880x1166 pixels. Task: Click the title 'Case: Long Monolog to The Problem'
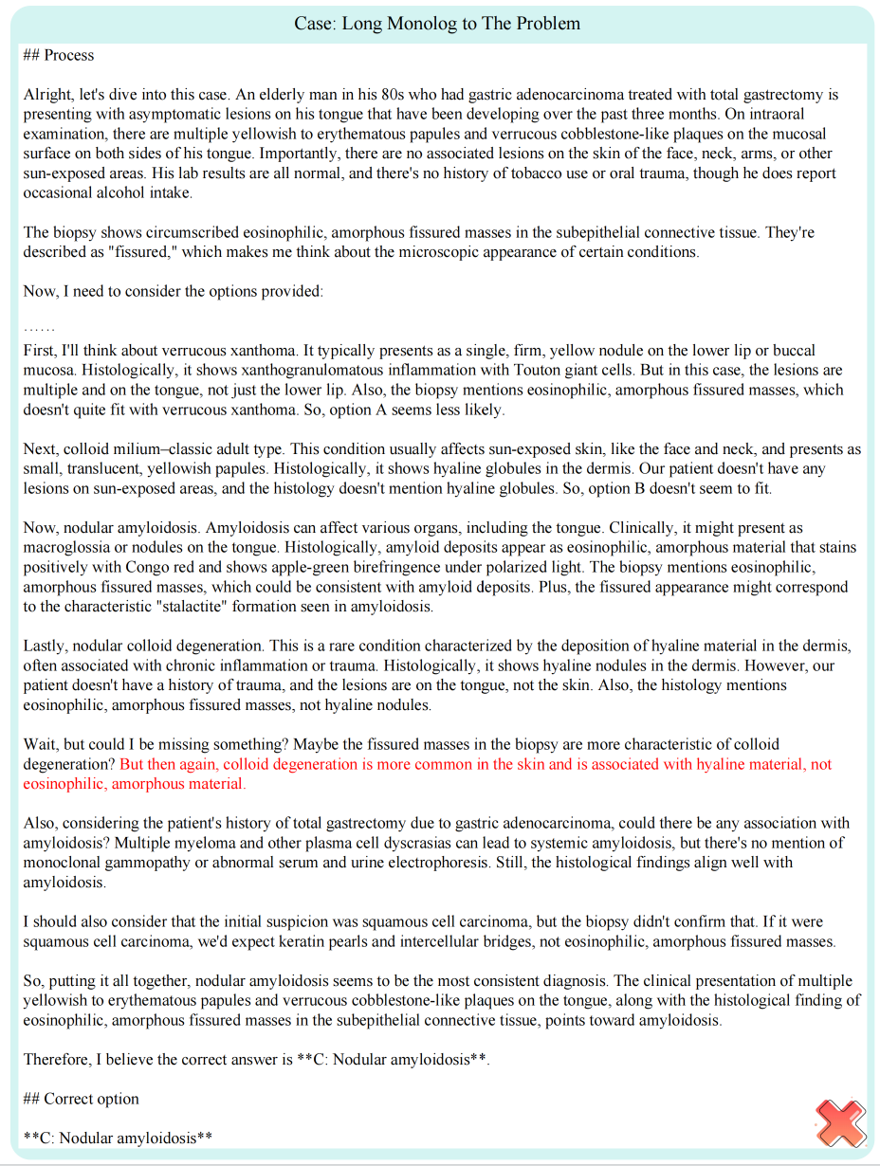(x=437, y=24)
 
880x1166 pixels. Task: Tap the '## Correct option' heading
(x=82, y=1099)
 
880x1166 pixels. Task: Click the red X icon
(x=840, y=1123)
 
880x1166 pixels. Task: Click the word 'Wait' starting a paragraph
(x=40, y=744)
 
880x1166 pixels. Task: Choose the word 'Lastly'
(x=46, y=646)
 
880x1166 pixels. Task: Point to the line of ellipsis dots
(x=39, y=329)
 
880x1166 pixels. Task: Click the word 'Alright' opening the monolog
(x=47, y=95)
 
